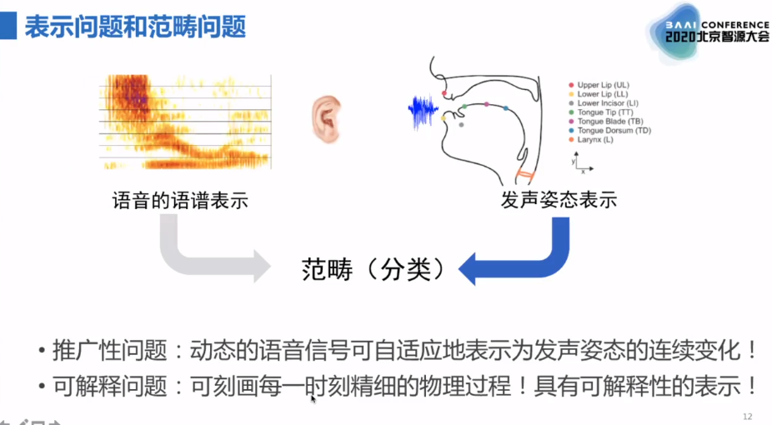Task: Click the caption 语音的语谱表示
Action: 180,201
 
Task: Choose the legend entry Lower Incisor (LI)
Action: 608,103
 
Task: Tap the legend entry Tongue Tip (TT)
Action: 604,112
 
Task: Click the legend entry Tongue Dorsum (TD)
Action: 614,131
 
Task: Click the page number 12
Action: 747,415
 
